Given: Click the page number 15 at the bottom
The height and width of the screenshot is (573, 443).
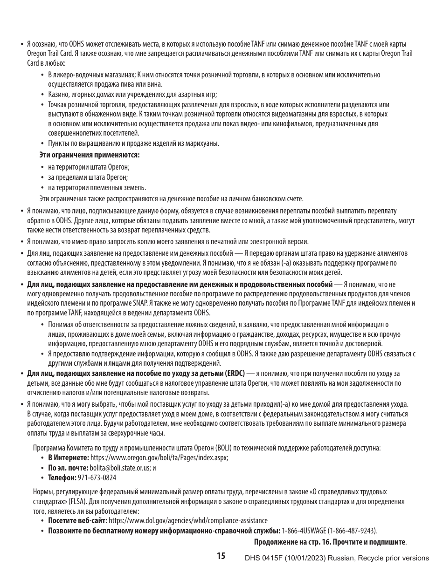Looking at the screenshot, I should click(221, 556).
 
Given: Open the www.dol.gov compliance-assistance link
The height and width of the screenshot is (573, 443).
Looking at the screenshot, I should click(188, 520).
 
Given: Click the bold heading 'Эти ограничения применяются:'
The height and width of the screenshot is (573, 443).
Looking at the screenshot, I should click(90, 155).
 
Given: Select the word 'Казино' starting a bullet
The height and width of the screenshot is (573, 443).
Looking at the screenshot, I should click(57, 95).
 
